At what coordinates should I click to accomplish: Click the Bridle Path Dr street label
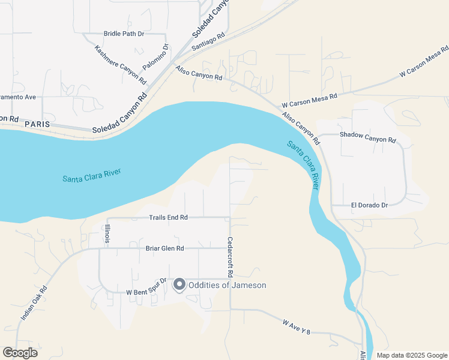coord(124,34)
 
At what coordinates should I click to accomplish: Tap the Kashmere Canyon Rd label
coord(121,64)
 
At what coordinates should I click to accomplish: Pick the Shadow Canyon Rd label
coord(368,136)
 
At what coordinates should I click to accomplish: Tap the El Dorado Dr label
coord(369,205)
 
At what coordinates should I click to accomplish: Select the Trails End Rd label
coord(168,217)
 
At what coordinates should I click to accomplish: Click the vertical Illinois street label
coord(107,233)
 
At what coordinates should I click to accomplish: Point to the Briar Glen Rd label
coord(164,248)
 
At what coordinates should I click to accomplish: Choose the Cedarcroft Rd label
coord(230,257)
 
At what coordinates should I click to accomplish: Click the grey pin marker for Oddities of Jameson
coord(179,285)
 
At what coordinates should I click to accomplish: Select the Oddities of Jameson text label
coord(227,286)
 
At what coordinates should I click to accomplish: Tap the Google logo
coord(20,353)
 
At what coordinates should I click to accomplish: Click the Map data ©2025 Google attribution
coord(412,355)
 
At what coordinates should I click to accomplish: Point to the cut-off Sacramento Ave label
coord(19,97)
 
